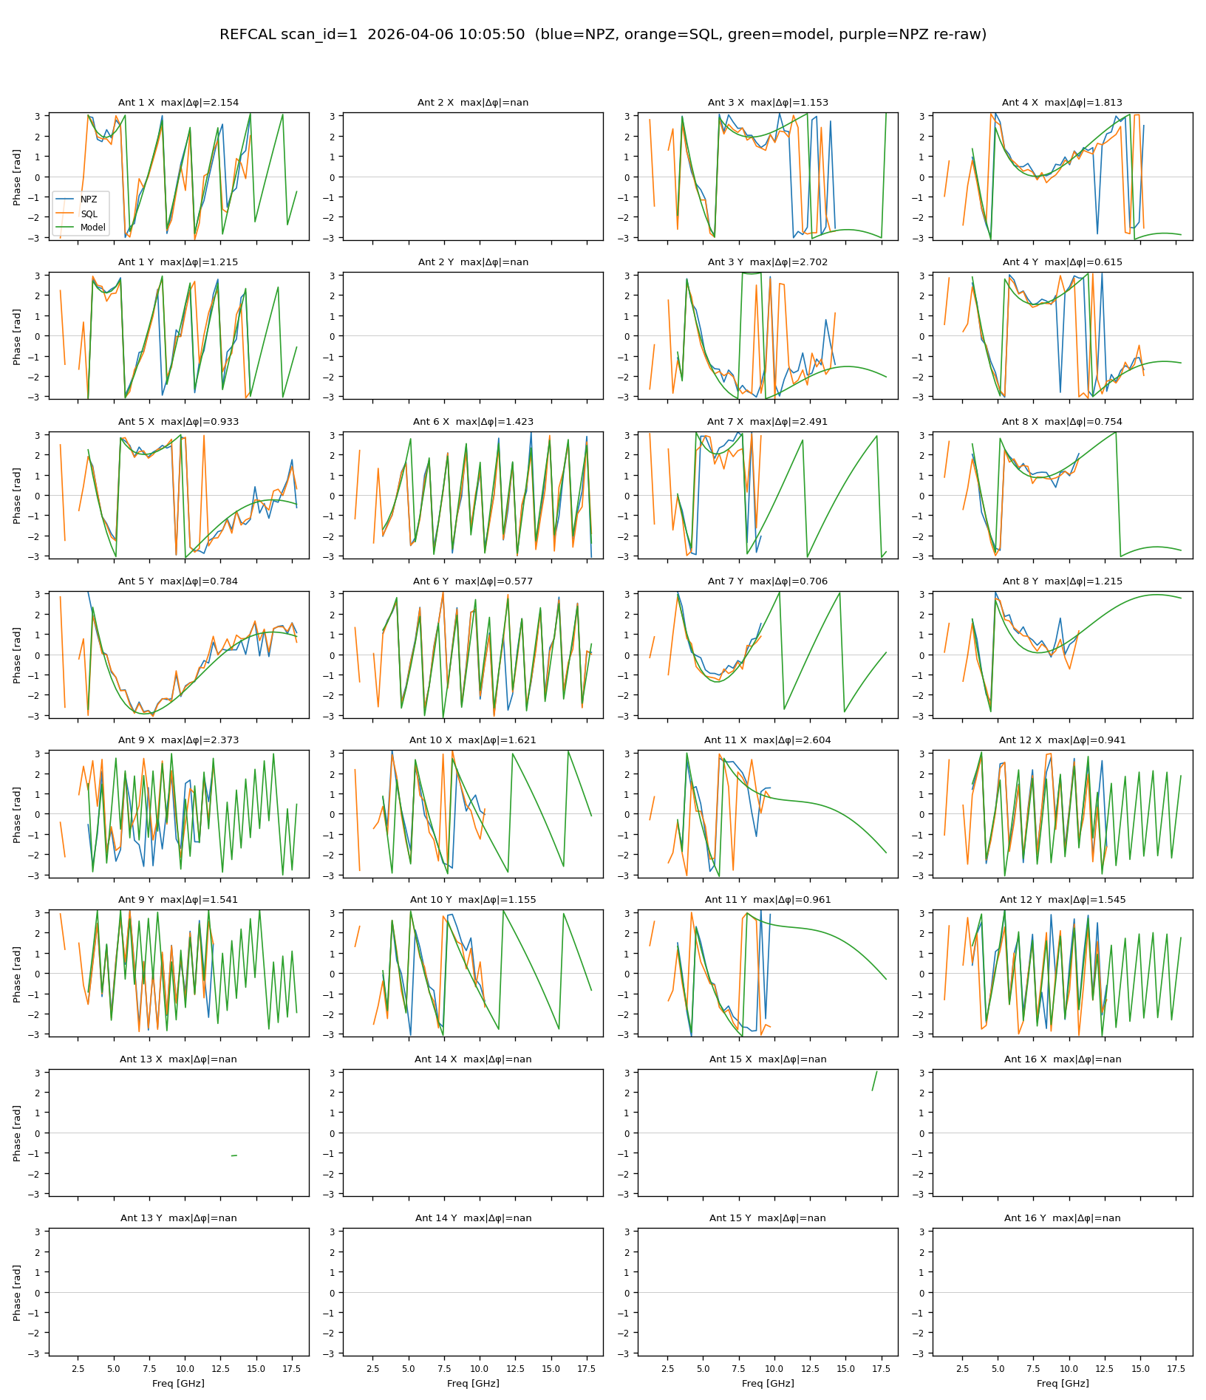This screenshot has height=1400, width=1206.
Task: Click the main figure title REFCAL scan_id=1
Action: coord(602,35)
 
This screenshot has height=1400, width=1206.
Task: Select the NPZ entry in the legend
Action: coord(89,199)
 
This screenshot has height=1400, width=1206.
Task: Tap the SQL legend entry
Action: coord(89,214)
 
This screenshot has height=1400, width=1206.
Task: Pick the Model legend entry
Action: coord(92,228)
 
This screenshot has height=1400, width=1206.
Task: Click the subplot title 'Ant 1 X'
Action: coord(178,103)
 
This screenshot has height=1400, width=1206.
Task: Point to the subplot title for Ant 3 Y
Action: coord(767,262)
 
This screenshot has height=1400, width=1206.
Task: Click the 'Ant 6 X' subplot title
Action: coord(473,422)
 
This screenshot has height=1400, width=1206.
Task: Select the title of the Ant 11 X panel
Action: coord(767,740)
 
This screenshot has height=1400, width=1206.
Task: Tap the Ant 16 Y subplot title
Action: coord(1062,1218)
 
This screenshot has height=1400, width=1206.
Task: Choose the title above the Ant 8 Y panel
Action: coord(1062,581)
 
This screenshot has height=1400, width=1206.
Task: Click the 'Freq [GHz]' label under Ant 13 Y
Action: coord(178,1383)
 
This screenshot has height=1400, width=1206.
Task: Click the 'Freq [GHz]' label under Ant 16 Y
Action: coord(1062,1383)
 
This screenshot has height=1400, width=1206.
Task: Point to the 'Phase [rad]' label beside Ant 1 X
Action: coord(17,177)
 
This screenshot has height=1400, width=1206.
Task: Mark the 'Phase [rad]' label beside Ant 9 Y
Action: coord(17,974)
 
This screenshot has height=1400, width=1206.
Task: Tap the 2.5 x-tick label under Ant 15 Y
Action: coord(668,1368)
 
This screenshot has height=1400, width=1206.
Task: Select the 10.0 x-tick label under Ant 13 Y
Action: coord(185,1368)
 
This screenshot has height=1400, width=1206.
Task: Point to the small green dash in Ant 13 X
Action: coord(234,1155)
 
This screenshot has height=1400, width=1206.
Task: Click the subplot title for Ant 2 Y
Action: coord(473,262)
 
